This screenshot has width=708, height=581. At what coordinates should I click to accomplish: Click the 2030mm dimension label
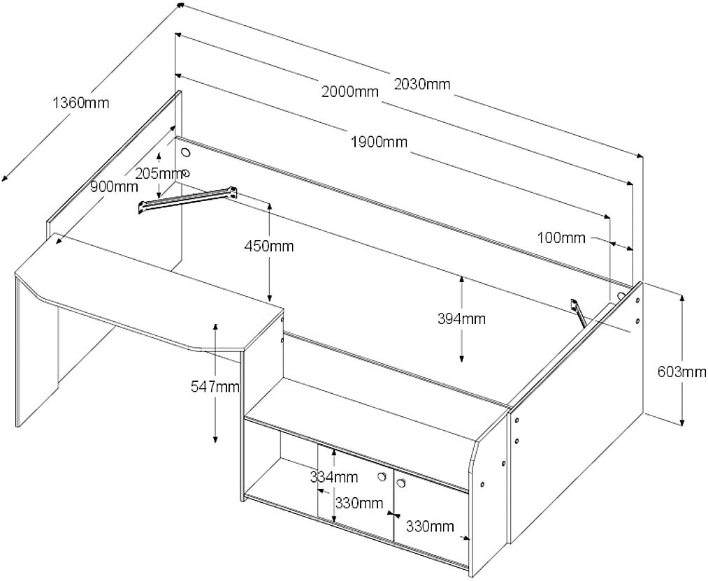tap(422, 84)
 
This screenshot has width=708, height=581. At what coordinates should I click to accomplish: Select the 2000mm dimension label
tap(350, 91)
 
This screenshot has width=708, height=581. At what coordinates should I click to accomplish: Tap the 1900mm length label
tap(379, 142)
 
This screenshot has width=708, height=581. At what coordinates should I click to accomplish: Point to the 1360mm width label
tap(81, 103)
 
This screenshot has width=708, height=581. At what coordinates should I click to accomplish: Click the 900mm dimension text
tap(113, 186)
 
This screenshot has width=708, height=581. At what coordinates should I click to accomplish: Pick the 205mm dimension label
tap(157, 174)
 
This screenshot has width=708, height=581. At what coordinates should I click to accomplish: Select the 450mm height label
tap(269, 246)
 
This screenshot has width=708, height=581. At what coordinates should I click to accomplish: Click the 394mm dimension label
tap(461, 319)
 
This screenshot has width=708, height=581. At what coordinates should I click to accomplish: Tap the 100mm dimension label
tap(561, 238)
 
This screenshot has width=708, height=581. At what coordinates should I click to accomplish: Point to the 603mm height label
tap(682, 372)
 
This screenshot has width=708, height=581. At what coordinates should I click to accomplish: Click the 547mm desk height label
tap(215, 385)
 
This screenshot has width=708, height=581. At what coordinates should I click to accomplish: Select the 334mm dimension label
tap(334, 478)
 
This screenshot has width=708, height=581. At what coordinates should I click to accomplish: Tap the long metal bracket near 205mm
tap(187, 198)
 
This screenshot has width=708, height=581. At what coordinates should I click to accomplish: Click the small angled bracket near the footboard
tap(577, 311)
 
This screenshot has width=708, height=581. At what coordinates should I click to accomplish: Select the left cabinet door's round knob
tap(382, 476)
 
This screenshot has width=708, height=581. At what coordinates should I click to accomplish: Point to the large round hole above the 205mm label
tap(186, 153)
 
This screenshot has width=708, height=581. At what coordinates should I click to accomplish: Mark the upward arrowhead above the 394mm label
tap(461, 280)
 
